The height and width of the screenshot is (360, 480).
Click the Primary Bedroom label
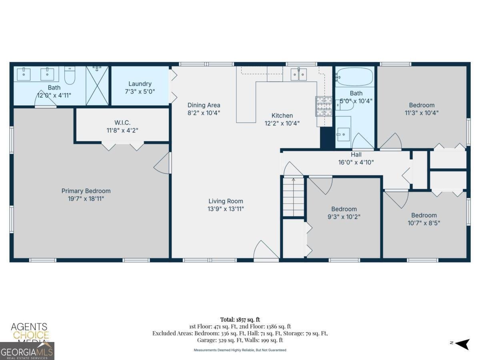click(86, 191)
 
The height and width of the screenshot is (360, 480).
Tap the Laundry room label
click(140, 84)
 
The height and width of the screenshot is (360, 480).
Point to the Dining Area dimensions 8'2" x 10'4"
click(204, 112)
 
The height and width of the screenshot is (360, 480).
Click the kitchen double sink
click(298, 74)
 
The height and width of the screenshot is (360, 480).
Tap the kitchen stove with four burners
click(324, 106)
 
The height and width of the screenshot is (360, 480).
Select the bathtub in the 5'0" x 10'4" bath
click(355, 76)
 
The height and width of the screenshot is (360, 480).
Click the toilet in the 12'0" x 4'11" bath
click(70, 76)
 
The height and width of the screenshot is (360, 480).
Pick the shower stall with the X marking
click(97, 86)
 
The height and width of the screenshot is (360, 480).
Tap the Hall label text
click(356, 154)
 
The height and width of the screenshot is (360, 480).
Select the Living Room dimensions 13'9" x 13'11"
click(226, 209)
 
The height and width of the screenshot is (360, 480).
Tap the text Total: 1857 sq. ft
click(240, 320)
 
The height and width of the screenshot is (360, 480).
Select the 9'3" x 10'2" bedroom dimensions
click(344, 217)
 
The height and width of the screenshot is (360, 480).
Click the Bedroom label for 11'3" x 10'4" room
click(422, 105)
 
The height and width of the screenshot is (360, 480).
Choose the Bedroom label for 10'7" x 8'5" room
click(424, 215)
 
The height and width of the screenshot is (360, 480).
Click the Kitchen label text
click(282, 116)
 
